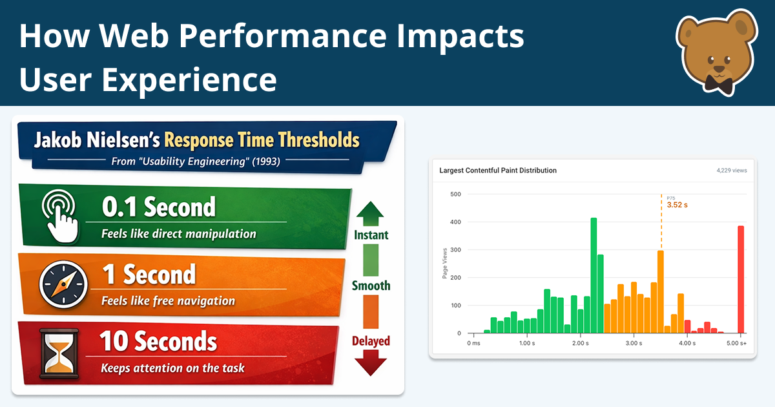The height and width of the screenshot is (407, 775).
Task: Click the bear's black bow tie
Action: (718, 82)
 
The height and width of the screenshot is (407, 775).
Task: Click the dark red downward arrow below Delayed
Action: (371, 363)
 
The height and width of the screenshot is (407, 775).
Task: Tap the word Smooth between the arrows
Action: (371, 286)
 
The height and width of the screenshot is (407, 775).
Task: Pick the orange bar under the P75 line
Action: (660, 291)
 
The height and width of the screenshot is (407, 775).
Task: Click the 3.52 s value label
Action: (677, 205)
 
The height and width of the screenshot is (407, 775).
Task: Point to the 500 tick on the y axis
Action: (455, 194)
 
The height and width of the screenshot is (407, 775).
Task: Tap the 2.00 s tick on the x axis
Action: (580, 343)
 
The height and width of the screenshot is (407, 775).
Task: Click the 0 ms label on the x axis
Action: (474, 343)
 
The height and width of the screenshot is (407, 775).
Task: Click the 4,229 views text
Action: (731, 171)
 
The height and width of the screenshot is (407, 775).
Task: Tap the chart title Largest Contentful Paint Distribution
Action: (497, 171)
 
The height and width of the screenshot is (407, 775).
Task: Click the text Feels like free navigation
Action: (168, 301)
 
